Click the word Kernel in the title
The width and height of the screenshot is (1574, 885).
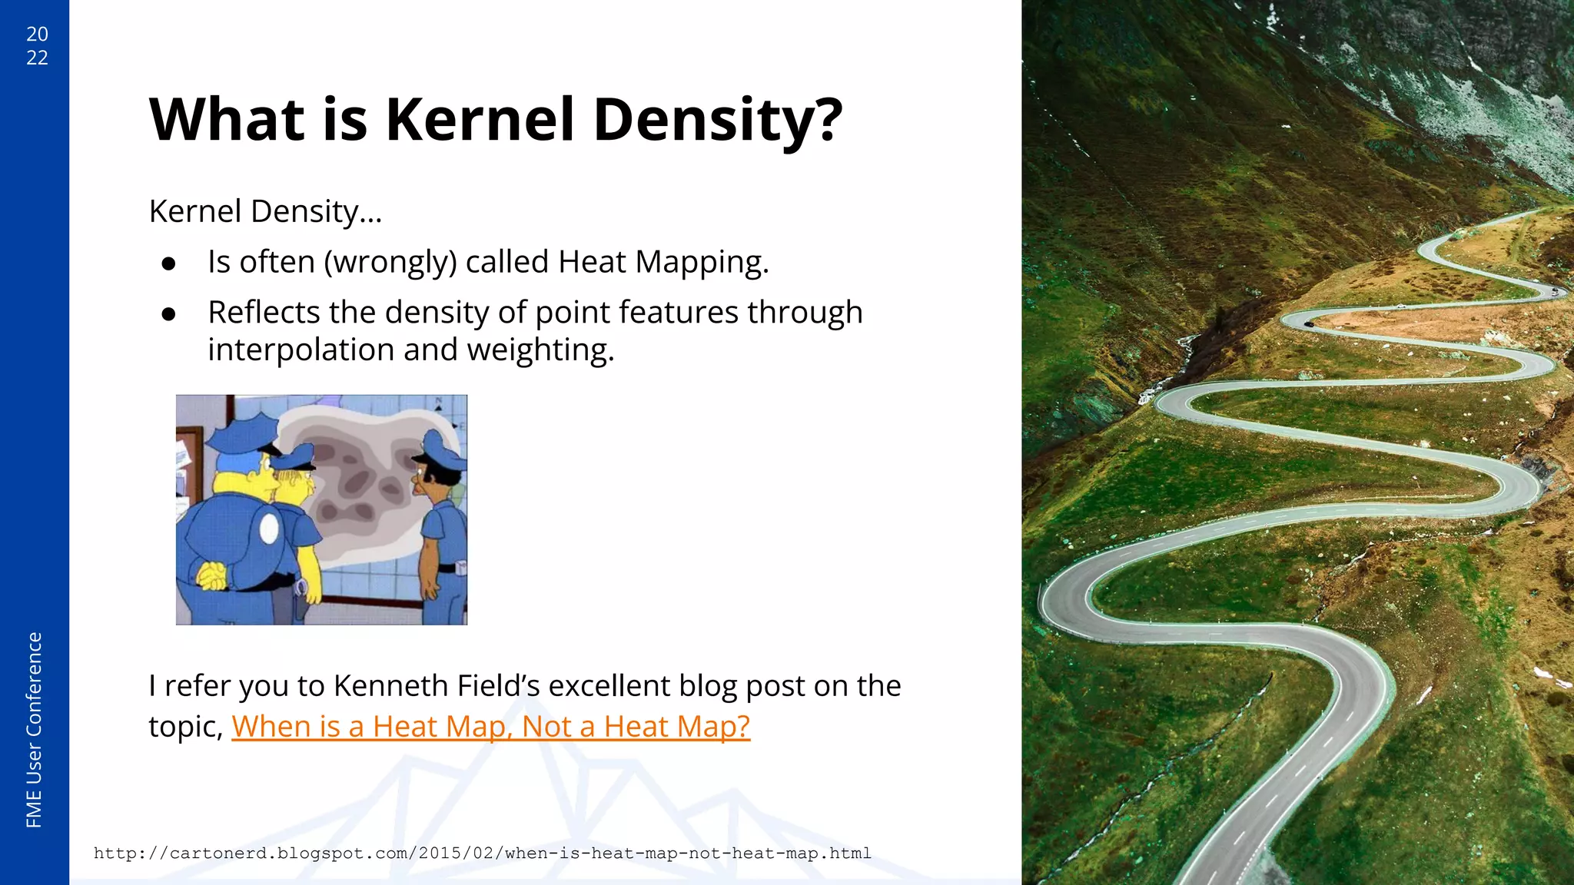click(480, 120)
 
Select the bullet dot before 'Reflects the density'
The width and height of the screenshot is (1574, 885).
click(169, 314)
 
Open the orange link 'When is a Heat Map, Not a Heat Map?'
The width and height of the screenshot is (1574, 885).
click(490, 727)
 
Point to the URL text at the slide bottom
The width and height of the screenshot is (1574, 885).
click(482, 853)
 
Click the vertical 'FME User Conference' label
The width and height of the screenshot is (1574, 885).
click(34, 730)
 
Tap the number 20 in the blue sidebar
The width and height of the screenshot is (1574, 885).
click(37, 34)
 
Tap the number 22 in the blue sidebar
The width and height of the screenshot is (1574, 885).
click(37, 58)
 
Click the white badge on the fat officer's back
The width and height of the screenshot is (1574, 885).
click(269, 529)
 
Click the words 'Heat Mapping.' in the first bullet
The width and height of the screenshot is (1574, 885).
click(662, 263)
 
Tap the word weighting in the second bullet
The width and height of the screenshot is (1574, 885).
click(540, 350)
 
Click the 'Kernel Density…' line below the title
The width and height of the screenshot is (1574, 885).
click(265, 211)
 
